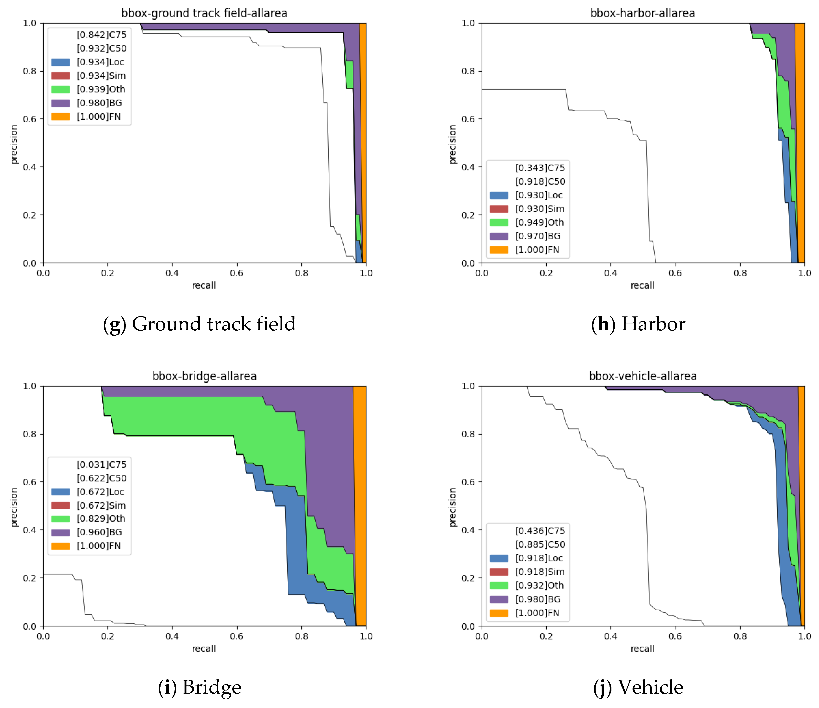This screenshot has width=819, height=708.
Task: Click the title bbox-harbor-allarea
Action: [642, 13]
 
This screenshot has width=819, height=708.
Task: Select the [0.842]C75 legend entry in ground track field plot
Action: [102, 35]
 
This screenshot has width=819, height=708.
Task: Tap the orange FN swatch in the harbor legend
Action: [499, 250]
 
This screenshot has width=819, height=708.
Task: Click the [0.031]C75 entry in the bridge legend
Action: [102, 465]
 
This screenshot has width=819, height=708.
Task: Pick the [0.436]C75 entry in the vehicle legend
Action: [540, 531]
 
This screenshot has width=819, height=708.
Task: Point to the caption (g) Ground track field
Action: [199, 324]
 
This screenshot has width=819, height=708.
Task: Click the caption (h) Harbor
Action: [638, 324]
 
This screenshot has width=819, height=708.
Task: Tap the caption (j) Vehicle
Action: [638, 687]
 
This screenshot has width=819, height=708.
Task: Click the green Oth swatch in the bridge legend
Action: [60, 519]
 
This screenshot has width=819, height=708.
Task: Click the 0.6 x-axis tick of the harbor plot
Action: [675, 273]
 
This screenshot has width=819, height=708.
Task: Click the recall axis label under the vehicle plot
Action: [642, 648]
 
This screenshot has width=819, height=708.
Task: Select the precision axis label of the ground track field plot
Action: [14, 144]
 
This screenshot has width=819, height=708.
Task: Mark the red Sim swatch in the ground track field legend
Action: [60, 76]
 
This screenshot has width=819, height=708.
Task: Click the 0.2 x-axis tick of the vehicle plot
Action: [546, 636]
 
